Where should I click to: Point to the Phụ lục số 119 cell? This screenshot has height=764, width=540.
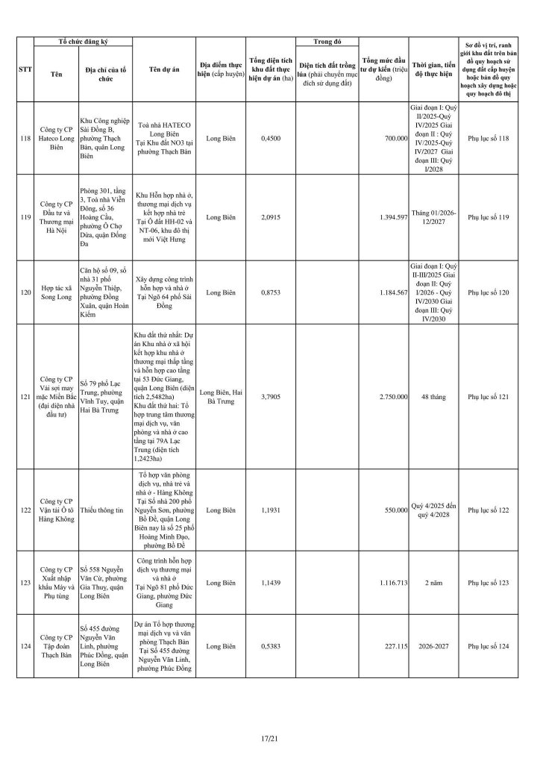489,217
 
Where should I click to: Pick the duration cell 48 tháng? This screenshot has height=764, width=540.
433,396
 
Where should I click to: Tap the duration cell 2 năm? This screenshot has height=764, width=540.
433,582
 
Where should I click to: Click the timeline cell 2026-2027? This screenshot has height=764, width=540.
433,645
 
